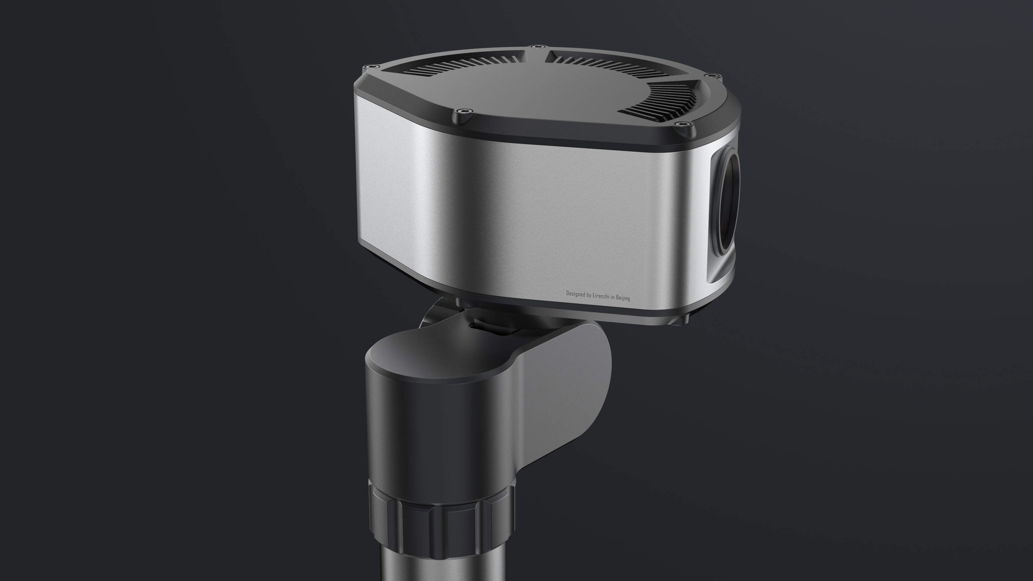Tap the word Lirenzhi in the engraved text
point(601,296)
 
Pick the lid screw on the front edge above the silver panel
point(464,111)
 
